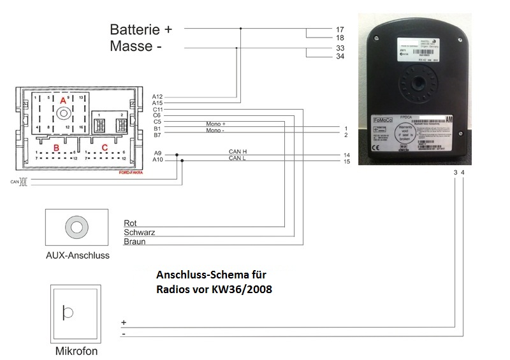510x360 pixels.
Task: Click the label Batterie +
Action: click(x=141, y=29)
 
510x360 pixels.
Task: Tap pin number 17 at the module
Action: click(x=339, y=29)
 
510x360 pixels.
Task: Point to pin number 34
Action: click(x=339, y=57)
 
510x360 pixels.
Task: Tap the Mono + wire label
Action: click(x=216, y=124)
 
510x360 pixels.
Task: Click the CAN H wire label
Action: click(x=238, y=152)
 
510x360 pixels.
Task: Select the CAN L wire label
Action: click(x=238, y=158)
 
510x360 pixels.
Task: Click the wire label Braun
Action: click(x=134, y=242)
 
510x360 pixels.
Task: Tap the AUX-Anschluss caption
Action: click(x=78, y=256)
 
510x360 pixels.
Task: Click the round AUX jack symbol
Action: click(x=77, y=226)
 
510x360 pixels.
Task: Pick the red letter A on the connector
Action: click(x=63, y=101)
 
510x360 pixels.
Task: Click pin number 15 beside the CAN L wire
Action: click(x=346, y=162)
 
